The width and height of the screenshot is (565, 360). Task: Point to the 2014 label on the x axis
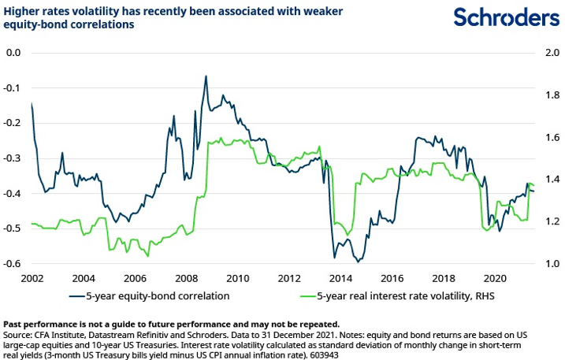tap(341, 278)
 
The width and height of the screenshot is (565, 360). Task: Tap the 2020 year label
tap(494, 278)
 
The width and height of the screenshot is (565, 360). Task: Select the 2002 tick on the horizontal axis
tap(32, 278)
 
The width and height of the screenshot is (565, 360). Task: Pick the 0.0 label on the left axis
tap(16, 53)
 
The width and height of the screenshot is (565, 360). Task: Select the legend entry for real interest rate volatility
tap(402, 296)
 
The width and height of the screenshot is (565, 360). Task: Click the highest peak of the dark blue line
tap(206, 76)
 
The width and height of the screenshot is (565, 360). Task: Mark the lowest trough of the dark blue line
tap(359, 261)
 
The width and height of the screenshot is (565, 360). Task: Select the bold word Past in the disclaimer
tap(14, 324)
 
